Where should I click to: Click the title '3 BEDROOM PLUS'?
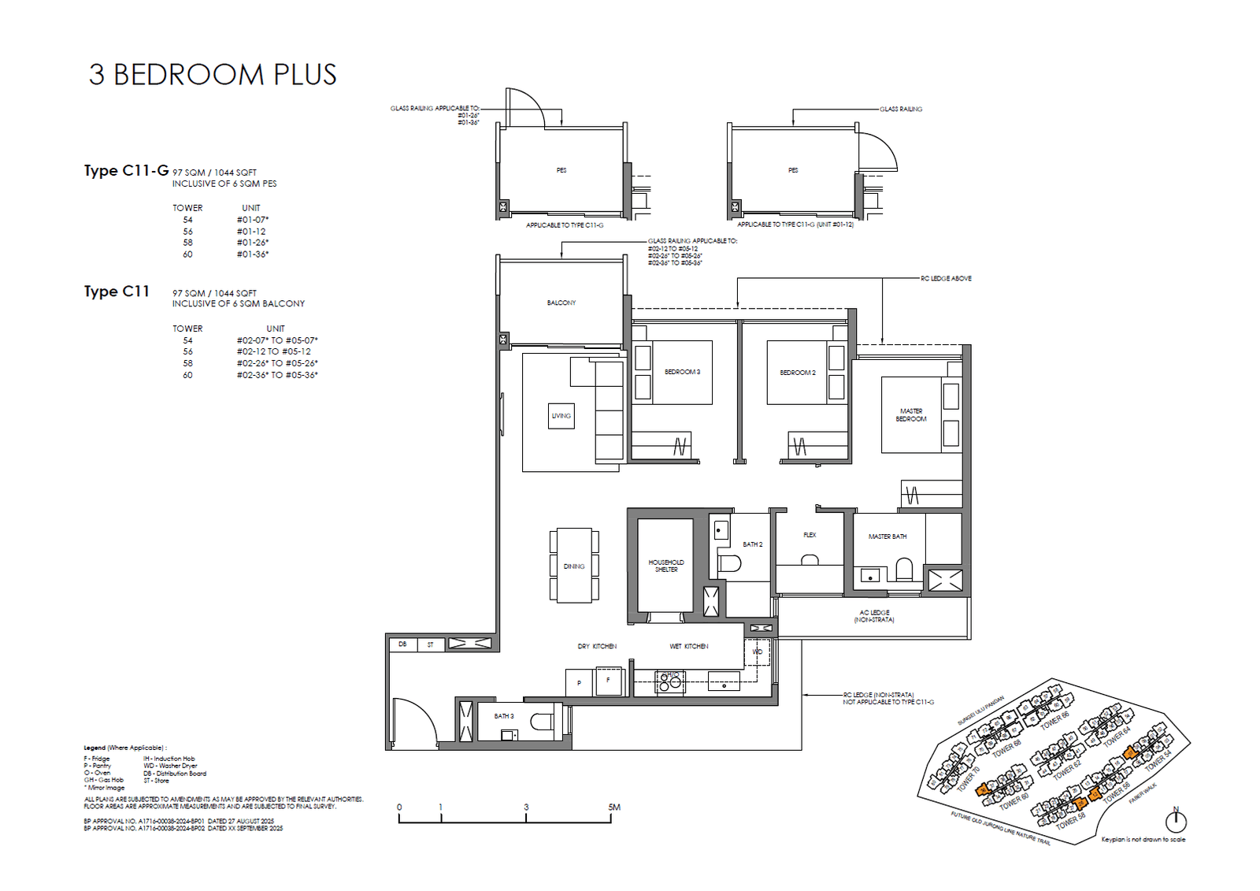213,74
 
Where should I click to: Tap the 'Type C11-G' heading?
126,170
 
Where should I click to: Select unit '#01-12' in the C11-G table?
251,232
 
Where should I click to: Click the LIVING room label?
561,416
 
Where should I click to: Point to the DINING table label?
573,566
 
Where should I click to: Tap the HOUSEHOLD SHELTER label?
665,566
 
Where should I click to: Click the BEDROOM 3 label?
682,372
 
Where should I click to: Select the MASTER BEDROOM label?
910,415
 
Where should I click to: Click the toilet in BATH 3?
541,722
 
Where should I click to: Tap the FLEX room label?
810,535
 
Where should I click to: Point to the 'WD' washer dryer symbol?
757,652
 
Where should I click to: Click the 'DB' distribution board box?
402,644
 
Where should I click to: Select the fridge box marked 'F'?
608,681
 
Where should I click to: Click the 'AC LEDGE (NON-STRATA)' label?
874,616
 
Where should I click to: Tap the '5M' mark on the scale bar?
614,807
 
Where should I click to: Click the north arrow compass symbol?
1176,821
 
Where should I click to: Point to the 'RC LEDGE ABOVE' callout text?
946,278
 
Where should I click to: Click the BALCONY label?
561,303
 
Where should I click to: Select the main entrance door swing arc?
417,717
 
